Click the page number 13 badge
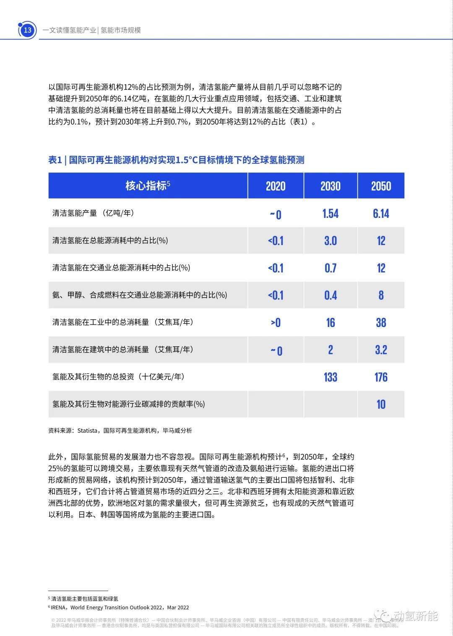pyautogui.click(x=28, y=30)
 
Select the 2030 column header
pyautogui.click(x=331, y=186)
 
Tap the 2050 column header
pyautogui.click(x=381, y=186)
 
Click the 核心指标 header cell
pyautogui.click(x=148, y=186)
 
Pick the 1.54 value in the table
pyautogui.click(x=331, y=214)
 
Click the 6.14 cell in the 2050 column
pyautogui.click(x=381, y=214)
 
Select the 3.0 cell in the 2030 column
pyautogui.click(x=331, y=241)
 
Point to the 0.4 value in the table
pyautogui.click(x=331, y=296)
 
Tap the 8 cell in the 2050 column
pyautogui.click(x=381, y=296)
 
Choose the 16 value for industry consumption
pyautogui.click(x=331, y=323)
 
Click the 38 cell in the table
pyautogui.click(x=381, y=323)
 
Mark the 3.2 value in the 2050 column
pyautogui.click(x=381, y=350)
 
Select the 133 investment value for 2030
pyautogui.click(x=331, y=377)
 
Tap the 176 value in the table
pyautogui.click(x=381, y=377)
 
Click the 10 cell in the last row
pyautogui.click(x=381, y=405)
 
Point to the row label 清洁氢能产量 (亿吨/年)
pyautogui.click(x=93, y=213)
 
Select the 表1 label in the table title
pyautogui.click(x=55, y=160)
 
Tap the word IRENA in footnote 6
pyautogui.click(x=59, y=607)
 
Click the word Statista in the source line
pyautogui.click(x=87, y=431)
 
